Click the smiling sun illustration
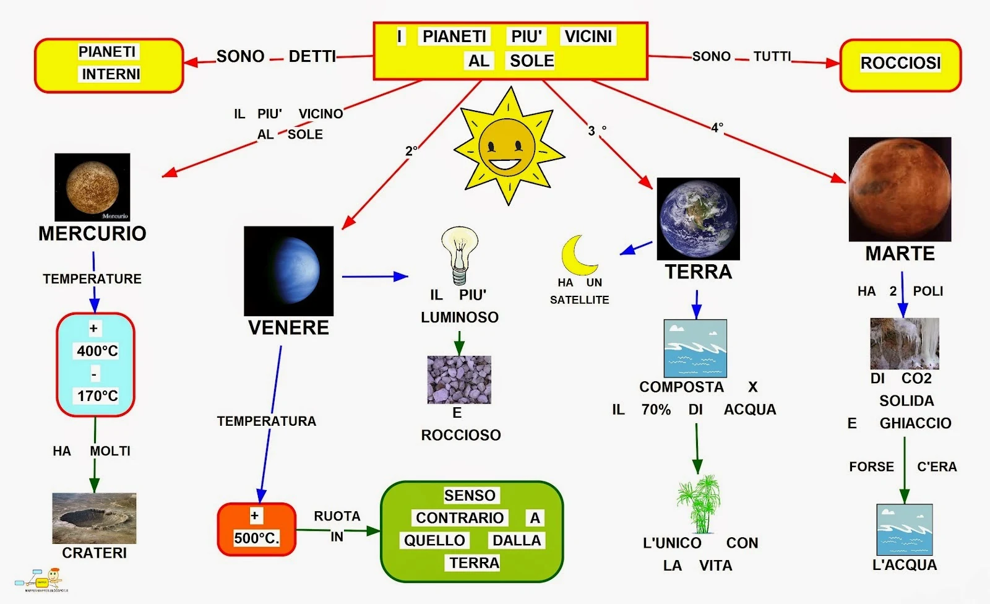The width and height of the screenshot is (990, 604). click(x=509, y=147)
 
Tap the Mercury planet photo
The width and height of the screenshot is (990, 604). click(x=92, y=187)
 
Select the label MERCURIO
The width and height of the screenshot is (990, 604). click(x=92, y=233)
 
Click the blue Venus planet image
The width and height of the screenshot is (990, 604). click(x=288, y=271)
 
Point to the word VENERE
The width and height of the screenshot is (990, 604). click(x=288, y=327)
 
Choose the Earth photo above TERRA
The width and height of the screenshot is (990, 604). click(x=698, y=218)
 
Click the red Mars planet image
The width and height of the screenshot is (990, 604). click(x=900, y=189)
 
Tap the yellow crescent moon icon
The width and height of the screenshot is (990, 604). click(x=580, y=255)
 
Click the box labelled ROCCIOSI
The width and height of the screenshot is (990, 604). click(x=900, y=64)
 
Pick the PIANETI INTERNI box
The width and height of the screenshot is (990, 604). click(x=109, y=64)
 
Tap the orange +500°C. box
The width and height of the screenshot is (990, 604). click(x=256, y=528)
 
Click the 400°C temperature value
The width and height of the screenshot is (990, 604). click(x=97, y=351)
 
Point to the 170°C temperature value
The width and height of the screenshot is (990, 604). click(x=97, y=395)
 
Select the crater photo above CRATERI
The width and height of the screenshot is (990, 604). click(x=94, y=518)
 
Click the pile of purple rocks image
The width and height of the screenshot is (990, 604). click(x=459, y=379)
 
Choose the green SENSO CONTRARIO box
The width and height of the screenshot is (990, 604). click(x=471, y=531)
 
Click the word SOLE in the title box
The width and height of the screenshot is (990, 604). click(x=532, y=61)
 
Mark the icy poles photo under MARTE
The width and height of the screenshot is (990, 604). click(x=904, y=343)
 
